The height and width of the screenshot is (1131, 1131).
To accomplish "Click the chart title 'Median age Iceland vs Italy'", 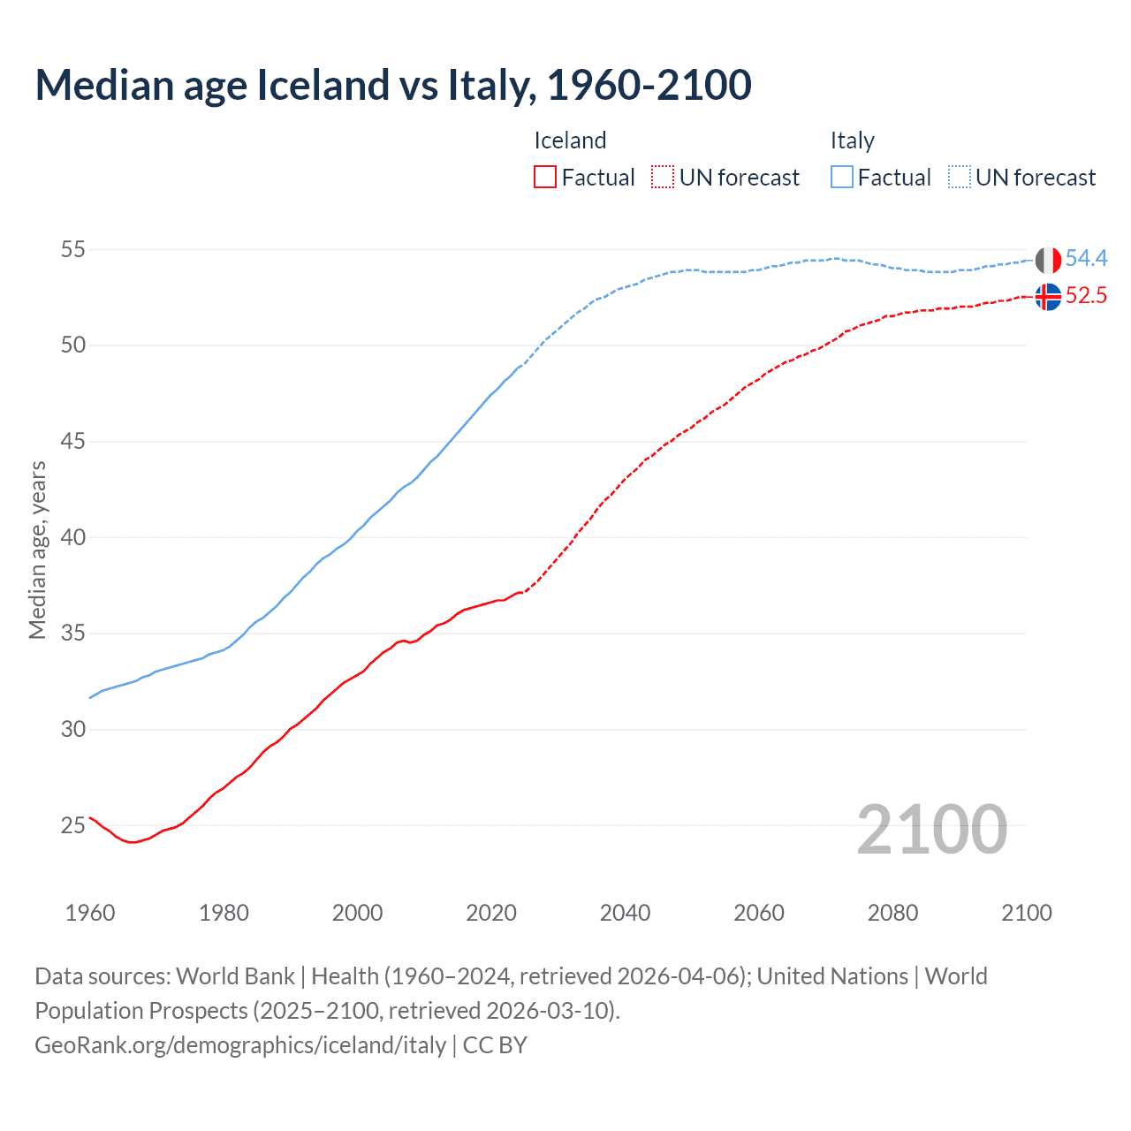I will [x=393, y=85].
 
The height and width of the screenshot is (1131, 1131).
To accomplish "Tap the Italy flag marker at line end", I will [x=1048, y=261].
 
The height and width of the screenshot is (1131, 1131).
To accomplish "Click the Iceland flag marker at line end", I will [x=1048, y=297].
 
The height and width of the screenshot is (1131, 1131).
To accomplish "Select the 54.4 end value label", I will [x=1086, y=258].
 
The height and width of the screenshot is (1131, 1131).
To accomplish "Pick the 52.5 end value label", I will [x=1086, y=295].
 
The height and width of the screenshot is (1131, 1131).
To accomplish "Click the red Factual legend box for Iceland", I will [x=545, y=178].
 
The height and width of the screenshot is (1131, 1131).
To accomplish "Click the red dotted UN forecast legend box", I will [x=663, y=178].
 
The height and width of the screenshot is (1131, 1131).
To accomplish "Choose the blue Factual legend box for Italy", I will [x=842, y=178].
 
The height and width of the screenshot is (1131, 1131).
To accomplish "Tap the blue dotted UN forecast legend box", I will [x=960, y=178].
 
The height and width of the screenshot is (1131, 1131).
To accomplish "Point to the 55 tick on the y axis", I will [x=72, y=250].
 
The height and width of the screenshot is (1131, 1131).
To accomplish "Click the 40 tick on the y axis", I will [x=72, y=537].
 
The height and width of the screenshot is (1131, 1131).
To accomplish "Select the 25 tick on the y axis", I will [x=72, y=825].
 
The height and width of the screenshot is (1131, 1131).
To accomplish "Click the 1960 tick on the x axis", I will [x=90, y=913].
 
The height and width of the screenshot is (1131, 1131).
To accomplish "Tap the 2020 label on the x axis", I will [x=491, y=913].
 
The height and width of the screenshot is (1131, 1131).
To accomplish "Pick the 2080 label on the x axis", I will [x=892, y=913].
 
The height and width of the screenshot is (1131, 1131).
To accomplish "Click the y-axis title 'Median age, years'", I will [x=37, y=550].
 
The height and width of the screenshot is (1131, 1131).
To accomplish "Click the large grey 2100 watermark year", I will [x=932, y=829].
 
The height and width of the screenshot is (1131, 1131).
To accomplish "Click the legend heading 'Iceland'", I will [x=570, y=140].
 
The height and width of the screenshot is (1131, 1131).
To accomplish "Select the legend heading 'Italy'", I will [x=852, y=140].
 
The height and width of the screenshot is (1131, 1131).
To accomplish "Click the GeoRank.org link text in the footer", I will [x=240, y=1044].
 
